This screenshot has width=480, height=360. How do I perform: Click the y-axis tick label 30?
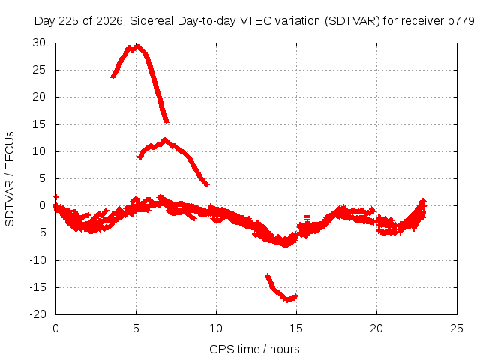pyautogui.click(x=39, y=43)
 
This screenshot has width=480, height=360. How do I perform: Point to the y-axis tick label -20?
pyautogui.click(x=37, y=314)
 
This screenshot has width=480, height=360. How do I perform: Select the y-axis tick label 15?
pyautogui.click(x=39, y=124)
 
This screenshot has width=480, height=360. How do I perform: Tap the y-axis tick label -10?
pyautogui.click(x=37, y=260)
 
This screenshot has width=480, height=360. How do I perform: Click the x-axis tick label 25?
pyautogui.click(x=457, y=328)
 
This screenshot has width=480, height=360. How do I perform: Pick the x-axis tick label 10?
pyautogui.click(x=216, y=328)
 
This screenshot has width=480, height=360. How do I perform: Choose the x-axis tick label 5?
pyautogui.click(x=136, y=328)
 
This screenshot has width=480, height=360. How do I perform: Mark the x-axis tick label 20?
pyautogui.click(x=376, y=328)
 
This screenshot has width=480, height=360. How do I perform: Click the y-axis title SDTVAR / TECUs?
pyautogui.click(x=10, y=179)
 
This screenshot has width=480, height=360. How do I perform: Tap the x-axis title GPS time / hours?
pyautogui.click(x=254, y=349)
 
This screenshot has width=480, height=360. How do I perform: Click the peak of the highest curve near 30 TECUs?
pyautogui.click(x=138, y=46)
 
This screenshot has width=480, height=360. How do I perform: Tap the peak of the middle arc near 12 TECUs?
pyautogui.click(x=165, y=139)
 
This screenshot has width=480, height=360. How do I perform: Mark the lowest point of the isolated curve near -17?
pyautogui.click(x=287, y=300)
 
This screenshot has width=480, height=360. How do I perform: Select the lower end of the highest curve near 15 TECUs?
pyautogui.click(x=166, y=122)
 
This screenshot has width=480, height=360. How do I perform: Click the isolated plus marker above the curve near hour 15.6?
pyautogui.click(x=307, y=218)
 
